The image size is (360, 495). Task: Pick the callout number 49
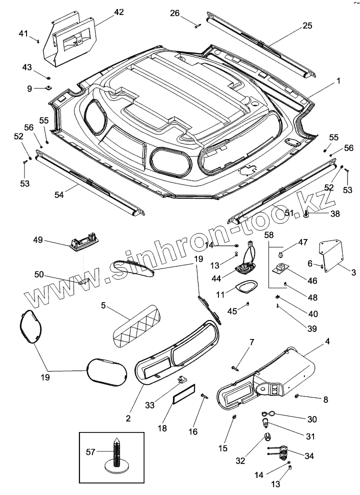(x=38, y=241)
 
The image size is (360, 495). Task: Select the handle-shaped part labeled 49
(x=82, y=243)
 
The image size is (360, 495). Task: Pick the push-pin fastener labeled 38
(x=306, y=214)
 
